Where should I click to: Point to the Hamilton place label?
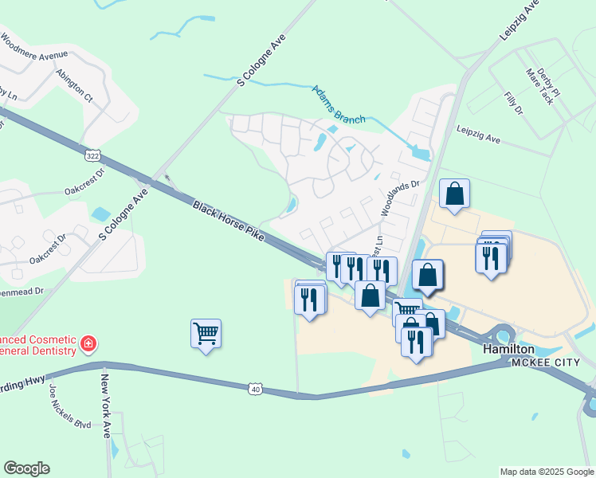508,349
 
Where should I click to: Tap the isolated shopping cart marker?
206,333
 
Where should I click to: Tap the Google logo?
26,468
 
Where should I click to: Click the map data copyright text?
546,472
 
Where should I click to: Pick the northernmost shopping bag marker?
454,194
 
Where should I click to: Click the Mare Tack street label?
539,86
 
